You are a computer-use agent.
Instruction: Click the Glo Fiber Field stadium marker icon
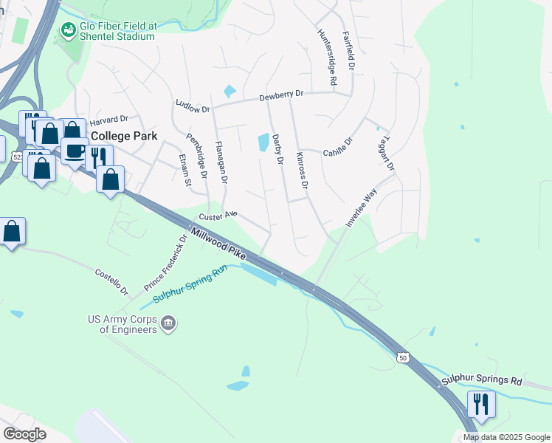69,30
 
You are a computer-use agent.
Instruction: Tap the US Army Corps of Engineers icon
169,323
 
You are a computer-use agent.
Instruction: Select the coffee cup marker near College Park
75,151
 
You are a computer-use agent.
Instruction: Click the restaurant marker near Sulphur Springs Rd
480,404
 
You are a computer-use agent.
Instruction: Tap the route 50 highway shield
403,357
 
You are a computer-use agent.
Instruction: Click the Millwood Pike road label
218,243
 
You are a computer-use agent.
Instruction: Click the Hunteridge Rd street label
327,57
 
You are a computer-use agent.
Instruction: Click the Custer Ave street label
218,216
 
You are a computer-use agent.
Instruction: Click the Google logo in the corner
25,434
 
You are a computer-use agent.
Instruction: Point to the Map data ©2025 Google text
506,437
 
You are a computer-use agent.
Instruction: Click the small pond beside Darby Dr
263,142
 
